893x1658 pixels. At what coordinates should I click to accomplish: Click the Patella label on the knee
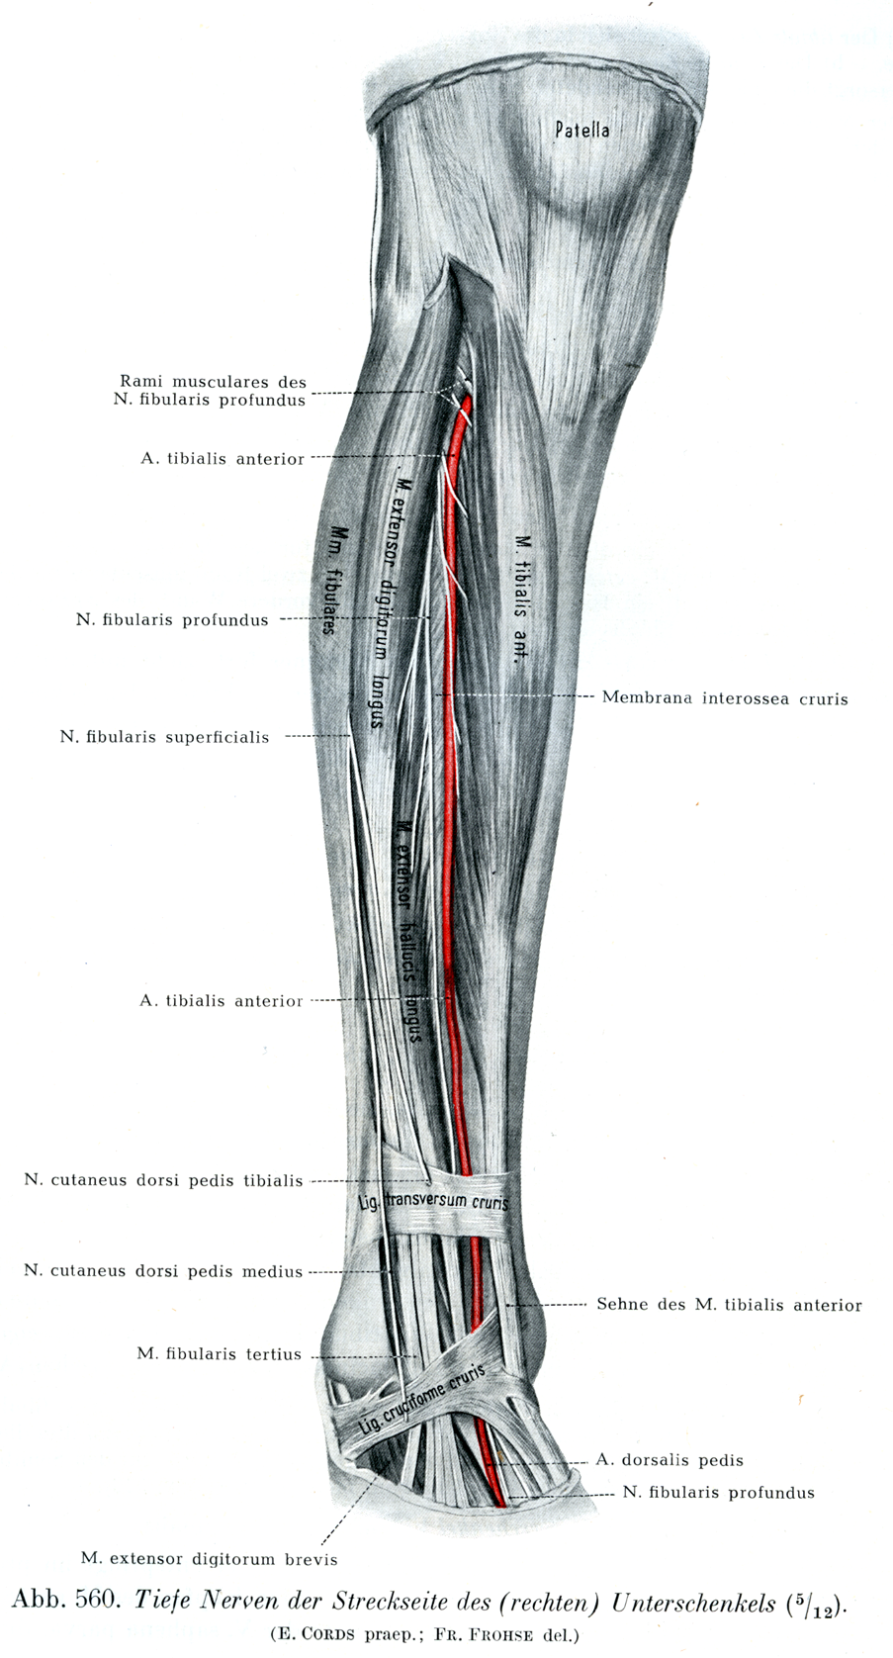pos(581,130)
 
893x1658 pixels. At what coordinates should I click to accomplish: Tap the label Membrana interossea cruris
pos(724,698)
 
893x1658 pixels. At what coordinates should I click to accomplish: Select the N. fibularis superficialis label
pos(164,737)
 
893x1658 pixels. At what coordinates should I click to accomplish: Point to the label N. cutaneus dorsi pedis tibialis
pos(163,1180)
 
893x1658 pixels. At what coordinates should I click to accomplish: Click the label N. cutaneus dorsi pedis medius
pos(163,1271)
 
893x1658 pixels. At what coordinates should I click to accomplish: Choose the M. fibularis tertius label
pos(219,1354)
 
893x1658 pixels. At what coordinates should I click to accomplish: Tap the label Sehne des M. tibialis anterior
pos(729,1305)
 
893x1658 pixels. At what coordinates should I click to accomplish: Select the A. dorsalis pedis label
pos(670,1460)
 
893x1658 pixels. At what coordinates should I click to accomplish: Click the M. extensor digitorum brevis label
pos(209,1559)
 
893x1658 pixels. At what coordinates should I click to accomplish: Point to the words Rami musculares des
pos(213,382)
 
